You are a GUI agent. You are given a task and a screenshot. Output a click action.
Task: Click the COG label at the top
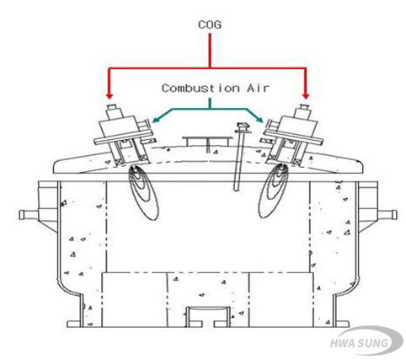point(210,24)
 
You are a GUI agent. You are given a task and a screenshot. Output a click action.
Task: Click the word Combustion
point(200,89)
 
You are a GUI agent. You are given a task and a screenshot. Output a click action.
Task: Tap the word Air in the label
point(258,89)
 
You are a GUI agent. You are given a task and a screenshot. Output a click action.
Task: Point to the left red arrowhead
point(110,96)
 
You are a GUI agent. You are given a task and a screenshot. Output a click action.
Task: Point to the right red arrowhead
point(306,96)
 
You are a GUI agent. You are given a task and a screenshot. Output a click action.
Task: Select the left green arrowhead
point(155,120)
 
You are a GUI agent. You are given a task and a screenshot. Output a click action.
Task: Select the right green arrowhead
point(259,119)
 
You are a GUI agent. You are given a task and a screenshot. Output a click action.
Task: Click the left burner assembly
point(124,136)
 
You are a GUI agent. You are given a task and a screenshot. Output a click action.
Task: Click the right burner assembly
point(292,136)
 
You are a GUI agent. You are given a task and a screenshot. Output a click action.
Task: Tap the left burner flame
point(144,192)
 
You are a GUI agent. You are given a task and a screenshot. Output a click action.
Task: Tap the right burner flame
point(273,191)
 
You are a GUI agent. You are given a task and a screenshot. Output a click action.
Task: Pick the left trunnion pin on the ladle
point(28,215)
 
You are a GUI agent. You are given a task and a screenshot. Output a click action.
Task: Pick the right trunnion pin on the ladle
point(388,215)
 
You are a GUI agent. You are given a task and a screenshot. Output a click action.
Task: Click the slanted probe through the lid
point(240,158)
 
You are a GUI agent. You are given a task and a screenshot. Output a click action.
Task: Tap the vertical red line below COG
point(210,51)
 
